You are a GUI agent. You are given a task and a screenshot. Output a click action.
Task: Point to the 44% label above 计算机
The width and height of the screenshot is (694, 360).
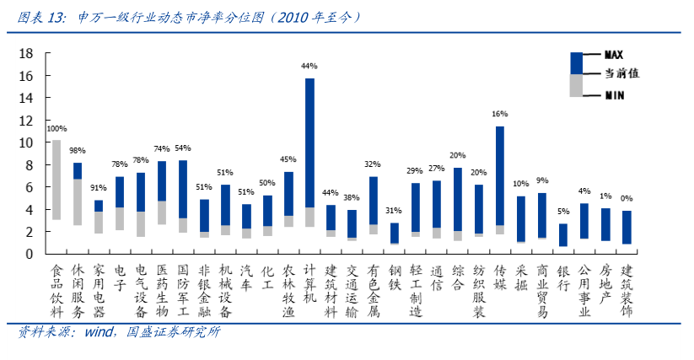[309, 66]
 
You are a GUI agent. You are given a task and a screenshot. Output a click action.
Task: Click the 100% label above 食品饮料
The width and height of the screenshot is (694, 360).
[56, 129]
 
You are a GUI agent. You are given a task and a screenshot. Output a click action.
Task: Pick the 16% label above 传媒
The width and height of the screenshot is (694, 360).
[500, 114]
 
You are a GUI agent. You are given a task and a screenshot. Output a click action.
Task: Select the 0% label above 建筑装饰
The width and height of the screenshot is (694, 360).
[627, 199]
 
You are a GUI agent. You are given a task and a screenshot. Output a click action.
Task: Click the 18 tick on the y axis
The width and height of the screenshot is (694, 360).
[26, 53]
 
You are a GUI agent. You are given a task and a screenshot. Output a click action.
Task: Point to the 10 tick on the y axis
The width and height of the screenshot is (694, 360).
[26, 142]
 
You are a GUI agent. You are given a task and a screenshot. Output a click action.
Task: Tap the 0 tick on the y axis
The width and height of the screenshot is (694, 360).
[30, 254]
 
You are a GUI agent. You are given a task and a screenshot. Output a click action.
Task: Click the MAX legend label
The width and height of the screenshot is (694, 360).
[615, 54]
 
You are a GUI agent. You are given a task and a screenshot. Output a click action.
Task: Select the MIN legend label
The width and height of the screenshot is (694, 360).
[615, 95]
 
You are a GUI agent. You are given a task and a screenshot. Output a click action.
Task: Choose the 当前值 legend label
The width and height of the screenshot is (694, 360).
[621, 74]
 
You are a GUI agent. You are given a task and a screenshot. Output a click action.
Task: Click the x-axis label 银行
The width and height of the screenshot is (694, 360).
[563, 279]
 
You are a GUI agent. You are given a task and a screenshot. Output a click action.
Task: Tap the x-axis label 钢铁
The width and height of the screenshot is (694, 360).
[394, 279]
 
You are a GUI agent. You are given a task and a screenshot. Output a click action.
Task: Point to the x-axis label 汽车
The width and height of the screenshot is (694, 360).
[246, 279]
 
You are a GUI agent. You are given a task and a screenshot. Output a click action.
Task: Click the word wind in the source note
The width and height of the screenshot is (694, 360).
[99, 333]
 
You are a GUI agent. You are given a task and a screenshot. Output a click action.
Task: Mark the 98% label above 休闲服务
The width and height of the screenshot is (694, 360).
[78, 151]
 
